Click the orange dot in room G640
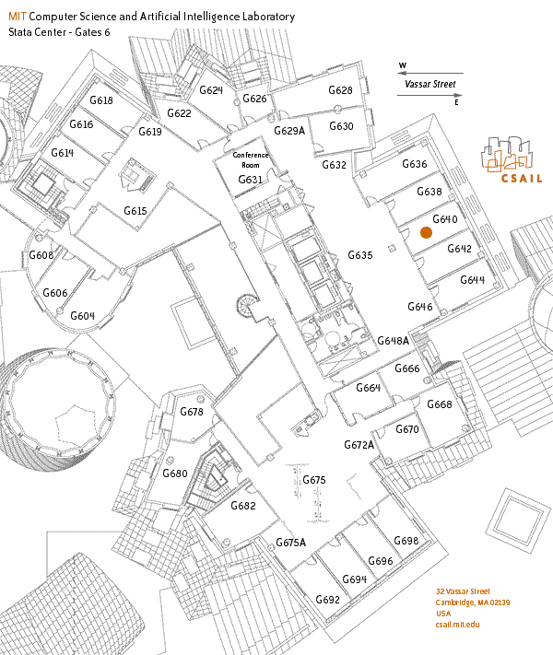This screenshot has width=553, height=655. (x=426, y=233)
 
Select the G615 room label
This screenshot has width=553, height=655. (x=135, y=211)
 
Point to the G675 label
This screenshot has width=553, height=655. (x=314, y=480)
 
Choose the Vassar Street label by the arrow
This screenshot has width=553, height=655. (x=430, y=85)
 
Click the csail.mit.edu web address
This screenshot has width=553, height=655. (x=457, y=624)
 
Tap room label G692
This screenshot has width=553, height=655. (x=328, y=600)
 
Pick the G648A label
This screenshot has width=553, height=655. (x=393, y=340)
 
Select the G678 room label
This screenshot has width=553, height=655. (x=191, y=412)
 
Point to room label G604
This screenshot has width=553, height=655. (x=83, y=316)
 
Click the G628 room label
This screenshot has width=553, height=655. (x=341, y=90)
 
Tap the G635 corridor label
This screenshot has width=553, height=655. (x=359, y=255)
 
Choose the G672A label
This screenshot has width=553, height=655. (x=359, y=445)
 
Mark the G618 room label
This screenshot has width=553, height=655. (x=100, y=100)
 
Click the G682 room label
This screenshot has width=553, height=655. (x=243, y=506)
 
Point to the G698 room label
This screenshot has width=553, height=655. (x=406, y=541)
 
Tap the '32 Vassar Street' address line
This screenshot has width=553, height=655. (x=463, y=591)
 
